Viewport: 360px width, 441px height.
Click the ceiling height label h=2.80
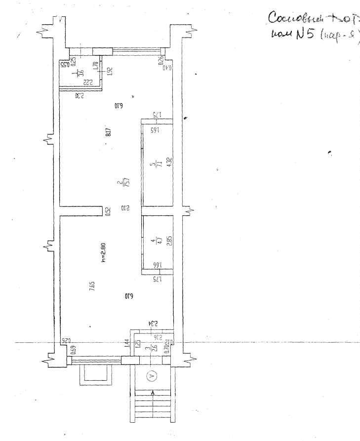[x=103, y=252]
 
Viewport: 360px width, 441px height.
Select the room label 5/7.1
[x=154, y=164]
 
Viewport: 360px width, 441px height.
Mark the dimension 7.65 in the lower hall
[x=92, y=287]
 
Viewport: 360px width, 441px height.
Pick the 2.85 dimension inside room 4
[x=169, y=241]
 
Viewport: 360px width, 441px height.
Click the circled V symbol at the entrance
[x=152, y=376]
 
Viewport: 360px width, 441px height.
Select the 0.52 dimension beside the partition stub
[x=108, y=211]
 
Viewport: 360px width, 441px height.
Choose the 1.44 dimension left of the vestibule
[x=127, y=342]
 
